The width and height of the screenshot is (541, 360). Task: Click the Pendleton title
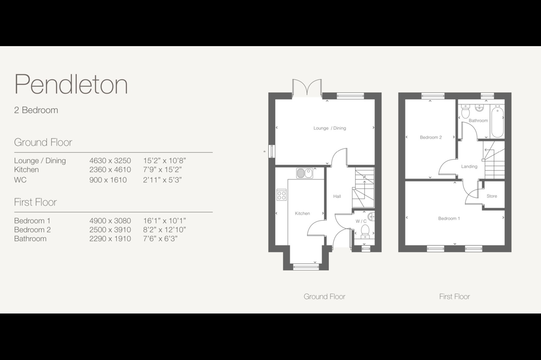coord(71,84)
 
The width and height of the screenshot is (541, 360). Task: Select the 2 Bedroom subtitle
coord(36,110)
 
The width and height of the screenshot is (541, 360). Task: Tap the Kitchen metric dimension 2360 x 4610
coord(110,170)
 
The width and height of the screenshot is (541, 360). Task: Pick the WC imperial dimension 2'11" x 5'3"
coord(162,180)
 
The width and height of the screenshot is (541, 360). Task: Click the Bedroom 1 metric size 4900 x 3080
coord(110,221)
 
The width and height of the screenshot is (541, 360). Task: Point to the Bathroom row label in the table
coord(30,239)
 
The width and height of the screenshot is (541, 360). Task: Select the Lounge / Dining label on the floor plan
coord(329,128)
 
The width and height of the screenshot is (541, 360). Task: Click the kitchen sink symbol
coord(304,173)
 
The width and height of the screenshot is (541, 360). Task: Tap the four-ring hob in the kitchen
coord(281,195)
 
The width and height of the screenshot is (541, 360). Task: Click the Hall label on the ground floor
coord(337,196)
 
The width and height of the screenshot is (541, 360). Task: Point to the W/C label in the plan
coord(361,221)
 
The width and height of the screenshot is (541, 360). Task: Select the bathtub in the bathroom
coord(497,122)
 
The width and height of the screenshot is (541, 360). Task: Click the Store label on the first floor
coord(491,196)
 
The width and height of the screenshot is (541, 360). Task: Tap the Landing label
coord(469,166)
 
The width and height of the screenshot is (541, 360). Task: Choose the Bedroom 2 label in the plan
coord(431,138)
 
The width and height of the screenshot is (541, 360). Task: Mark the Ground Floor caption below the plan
coord(324,297)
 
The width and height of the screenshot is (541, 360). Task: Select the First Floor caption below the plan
coord(455,297)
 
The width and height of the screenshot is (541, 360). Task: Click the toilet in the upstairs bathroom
coord(465,111)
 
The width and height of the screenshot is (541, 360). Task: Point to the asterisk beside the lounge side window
coord(264,152)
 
